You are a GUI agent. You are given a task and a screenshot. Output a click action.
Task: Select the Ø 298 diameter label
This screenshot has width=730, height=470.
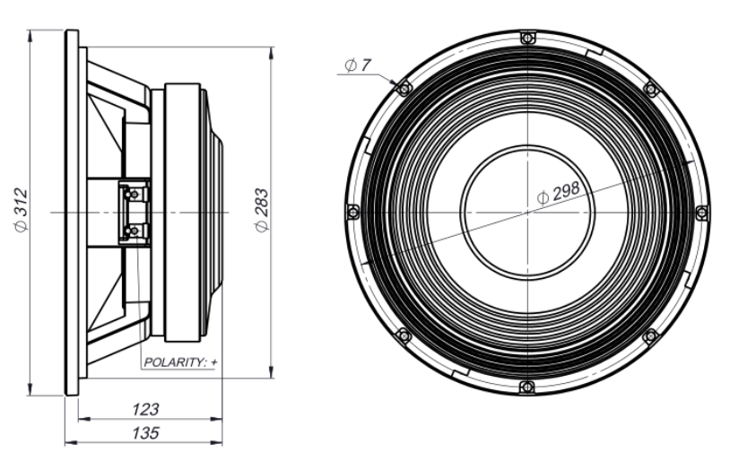[x=559, y=191]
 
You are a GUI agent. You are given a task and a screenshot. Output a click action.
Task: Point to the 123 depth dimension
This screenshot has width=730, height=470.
[x=144, y=409]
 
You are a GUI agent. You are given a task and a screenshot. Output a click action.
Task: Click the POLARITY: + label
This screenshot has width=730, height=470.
[x=180, y=362]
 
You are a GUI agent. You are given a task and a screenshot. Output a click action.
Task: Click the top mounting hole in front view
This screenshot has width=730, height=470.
[x=527, y=38]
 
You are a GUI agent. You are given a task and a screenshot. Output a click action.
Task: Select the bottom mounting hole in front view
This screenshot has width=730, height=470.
[x=527, y=387]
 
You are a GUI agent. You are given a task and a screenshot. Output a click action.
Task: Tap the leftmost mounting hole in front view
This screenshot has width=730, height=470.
[x=352, y=212]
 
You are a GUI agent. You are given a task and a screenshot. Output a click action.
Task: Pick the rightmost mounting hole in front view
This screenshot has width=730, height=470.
[x=701, y=213]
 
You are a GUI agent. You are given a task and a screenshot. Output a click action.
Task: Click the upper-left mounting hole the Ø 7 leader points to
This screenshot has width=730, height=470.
[x=404, y=89]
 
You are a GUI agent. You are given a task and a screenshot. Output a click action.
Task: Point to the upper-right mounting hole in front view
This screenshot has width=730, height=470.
[x=651, y=89]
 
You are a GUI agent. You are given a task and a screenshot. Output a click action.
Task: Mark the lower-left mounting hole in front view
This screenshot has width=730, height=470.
[x=404, y=335]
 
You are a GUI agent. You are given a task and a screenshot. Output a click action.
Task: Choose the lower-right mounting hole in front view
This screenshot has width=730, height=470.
[x=651, y=336]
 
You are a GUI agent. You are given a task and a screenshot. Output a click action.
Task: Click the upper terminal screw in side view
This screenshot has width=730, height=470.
[x=134, y=192]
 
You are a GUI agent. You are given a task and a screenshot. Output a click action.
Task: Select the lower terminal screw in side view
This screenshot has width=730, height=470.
[x=134, y=231]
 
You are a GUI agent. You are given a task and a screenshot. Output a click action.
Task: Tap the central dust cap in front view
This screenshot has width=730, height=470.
[x=527, y=213]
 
